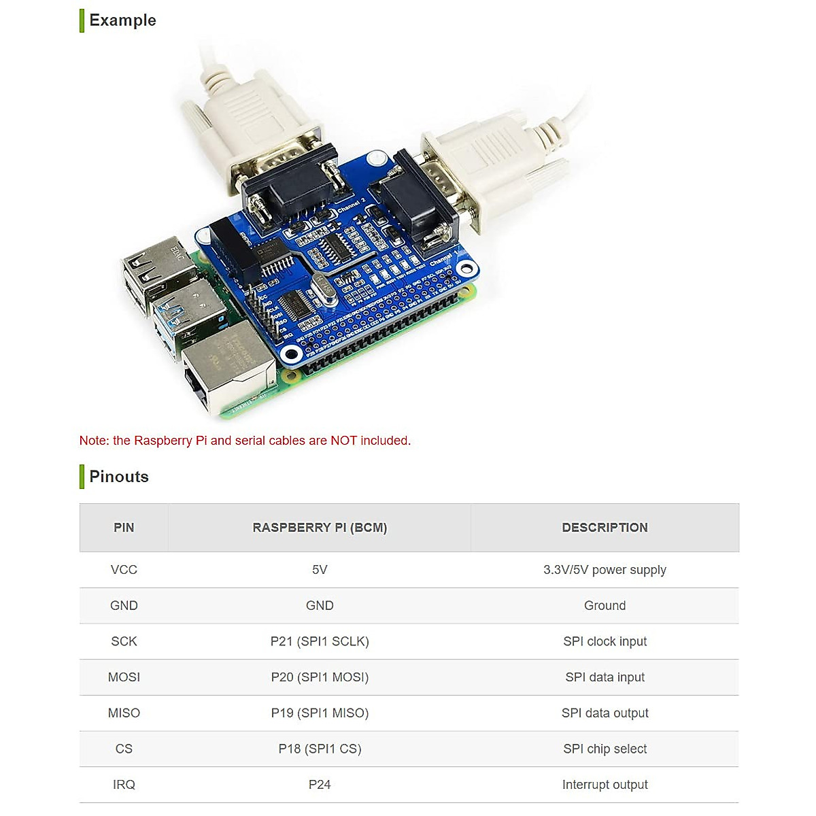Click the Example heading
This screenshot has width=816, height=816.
tap(122, 20)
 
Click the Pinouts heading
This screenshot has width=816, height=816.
tap(119, 477)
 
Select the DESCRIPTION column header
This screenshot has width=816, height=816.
tap(605, 528)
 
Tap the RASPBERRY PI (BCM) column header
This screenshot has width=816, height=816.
tap(320, 528)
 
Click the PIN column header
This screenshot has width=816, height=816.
tap(124, 528)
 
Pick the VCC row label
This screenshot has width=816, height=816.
tap(124, 570)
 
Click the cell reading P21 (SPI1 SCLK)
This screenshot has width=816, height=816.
tap(320, 641)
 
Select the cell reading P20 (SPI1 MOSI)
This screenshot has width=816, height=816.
tap(320, 677)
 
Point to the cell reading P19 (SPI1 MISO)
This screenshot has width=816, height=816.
tap(320, 713)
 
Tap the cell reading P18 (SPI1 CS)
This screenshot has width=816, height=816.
tap(320, 749)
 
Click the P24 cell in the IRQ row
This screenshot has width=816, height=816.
tap(320, 785)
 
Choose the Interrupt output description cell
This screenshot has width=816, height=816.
tap(605, 785)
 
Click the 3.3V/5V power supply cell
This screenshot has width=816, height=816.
tap(605, 570)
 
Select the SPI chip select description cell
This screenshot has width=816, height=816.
tap(605, 749)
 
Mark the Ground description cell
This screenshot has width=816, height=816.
tap(605, 606)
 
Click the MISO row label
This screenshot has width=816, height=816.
tap(124, 713)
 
